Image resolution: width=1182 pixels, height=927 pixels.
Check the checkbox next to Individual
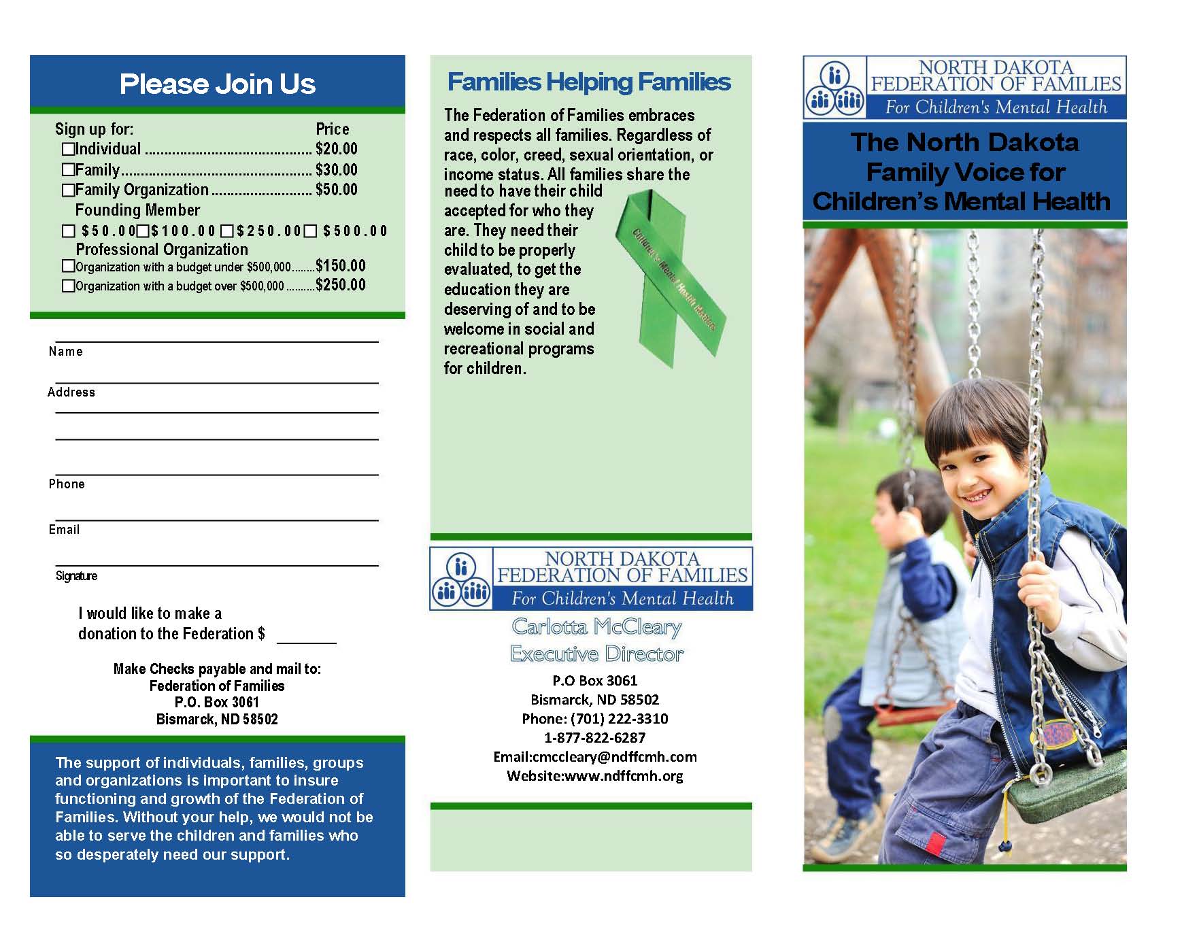pyautogui.click(x=68, y=149)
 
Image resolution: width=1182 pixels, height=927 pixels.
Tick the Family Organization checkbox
pyautogui.click(x=68, y=190)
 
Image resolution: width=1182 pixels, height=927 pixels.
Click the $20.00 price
pyautogui.click(x=336, y=149)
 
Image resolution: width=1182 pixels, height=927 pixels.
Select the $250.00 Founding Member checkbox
pyautogui.click(x=227, y=231)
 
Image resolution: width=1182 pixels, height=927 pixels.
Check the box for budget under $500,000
pyautogui.click(x=68, y=266)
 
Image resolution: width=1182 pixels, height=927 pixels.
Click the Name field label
pyautogui.click(x=65, y=352)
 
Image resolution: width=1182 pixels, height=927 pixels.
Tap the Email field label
pyautogui.click(x=64, y=530)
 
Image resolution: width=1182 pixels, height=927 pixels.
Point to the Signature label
pyautogui.click(x=76, y=576)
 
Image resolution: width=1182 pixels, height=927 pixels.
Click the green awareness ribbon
pyautogui.click(x=670, y=279)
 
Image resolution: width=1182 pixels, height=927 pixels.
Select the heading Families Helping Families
pyautogui.click(x=589, y=82)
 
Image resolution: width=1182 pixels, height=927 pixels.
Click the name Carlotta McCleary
pyautogui.click(x=596, y=626)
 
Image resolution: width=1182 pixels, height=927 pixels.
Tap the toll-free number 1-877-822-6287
pyautogui.click(x=594, y=738)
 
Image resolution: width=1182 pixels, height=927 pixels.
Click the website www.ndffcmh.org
pyautogui.click(x=623, y=776)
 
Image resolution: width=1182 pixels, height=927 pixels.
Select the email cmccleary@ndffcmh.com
pyautogui.click(x=615, y=757)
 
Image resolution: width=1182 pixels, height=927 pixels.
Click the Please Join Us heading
pyautogui.click(x=218, y=84)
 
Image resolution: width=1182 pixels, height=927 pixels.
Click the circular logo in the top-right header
pyautogui.click(x=834, y=88)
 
